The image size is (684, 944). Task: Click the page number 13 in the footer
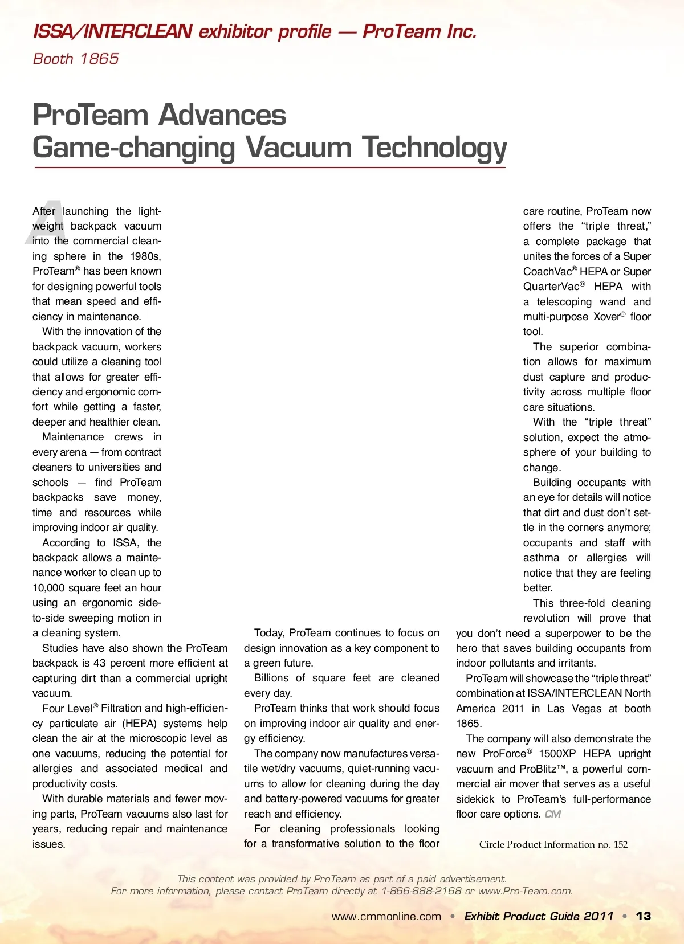click(644, 916)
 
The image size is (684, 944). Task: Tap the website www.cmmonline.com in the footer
click(386, 917)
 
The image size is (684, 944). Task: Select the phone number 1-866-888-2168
click(421, 891)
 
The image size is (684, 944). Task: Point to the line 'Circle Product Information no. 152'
click(553, 844)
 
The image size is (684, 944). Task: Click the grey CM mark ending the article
click(553, 814)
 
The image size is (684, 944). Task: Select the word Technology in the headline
click(434, 148)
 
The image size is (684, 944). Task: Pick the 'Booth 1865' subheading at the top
click(76, 59)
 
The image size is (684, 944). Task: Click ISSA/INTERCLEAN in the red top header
click(112, 31)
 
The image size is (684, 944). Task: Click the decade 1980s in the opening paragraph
click(145, 256)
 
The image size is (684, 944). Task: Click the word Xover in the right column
click(606, 317)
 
